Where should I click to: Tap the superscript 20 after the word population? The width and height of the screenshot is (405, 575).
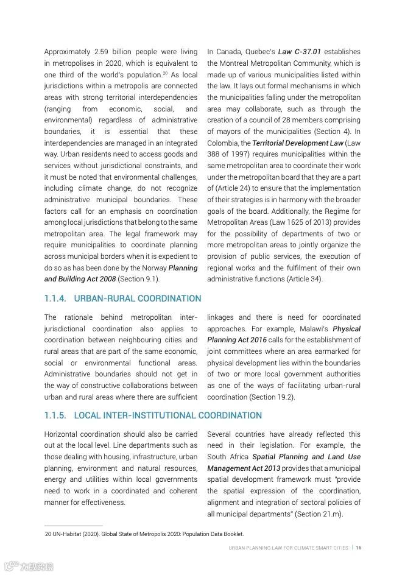point(164,73)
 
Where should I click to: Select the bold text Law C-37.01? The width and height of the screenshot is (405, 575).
point(299,52)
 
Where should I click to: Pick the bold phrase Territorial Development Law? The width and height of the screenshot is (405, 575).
point(298,143)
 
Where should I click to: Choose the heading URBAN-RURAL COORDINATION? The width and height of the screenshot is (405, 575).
point(137,299)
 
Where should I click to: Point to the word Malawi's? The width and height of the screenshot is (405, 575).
point(313,328)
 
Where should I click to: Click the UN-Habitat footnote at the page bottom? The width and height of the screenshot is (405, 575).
point(144,534)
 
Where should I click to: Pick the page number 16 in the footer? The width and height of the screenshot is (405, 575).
point(359,548)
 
